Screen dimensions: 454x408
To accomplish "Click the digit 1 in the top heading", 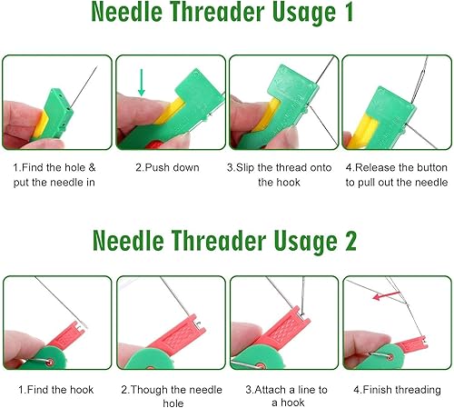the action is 349,12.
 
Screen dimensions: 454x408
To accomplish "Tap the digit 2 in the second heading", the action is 350,241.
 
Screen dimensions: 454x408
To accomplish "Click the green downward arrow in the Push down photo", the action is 142,83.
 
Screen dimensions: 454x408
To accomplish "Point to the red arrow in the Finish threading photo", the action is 386,295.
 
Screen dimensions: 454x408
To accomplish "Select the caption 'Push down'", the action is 167,167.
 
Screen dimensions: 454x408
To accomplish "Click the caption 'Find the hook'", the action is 56,390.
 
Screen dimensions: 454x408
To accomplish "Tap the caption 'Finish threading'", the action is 397,390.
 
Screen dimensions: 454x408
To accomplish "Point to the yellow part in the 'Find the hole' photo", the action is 40,124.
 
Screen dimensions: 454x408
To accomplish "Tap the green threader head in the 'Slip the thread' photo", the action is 295,84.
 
